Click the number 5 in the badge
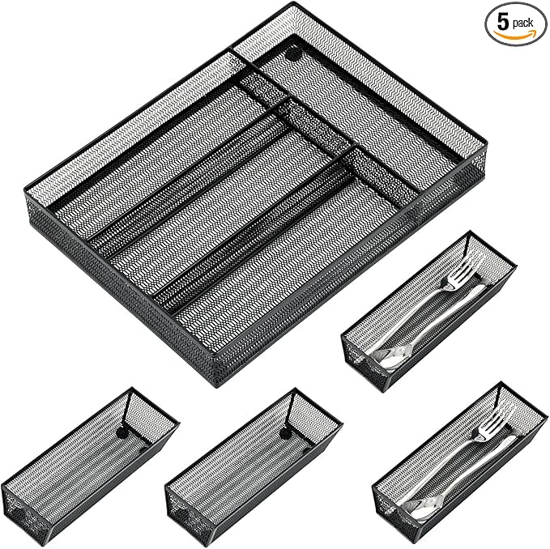click(x=503, y=23)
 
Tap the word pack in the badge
click(x=522, y=23)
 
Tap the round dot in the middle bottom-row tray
click(x=285, y=434)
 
